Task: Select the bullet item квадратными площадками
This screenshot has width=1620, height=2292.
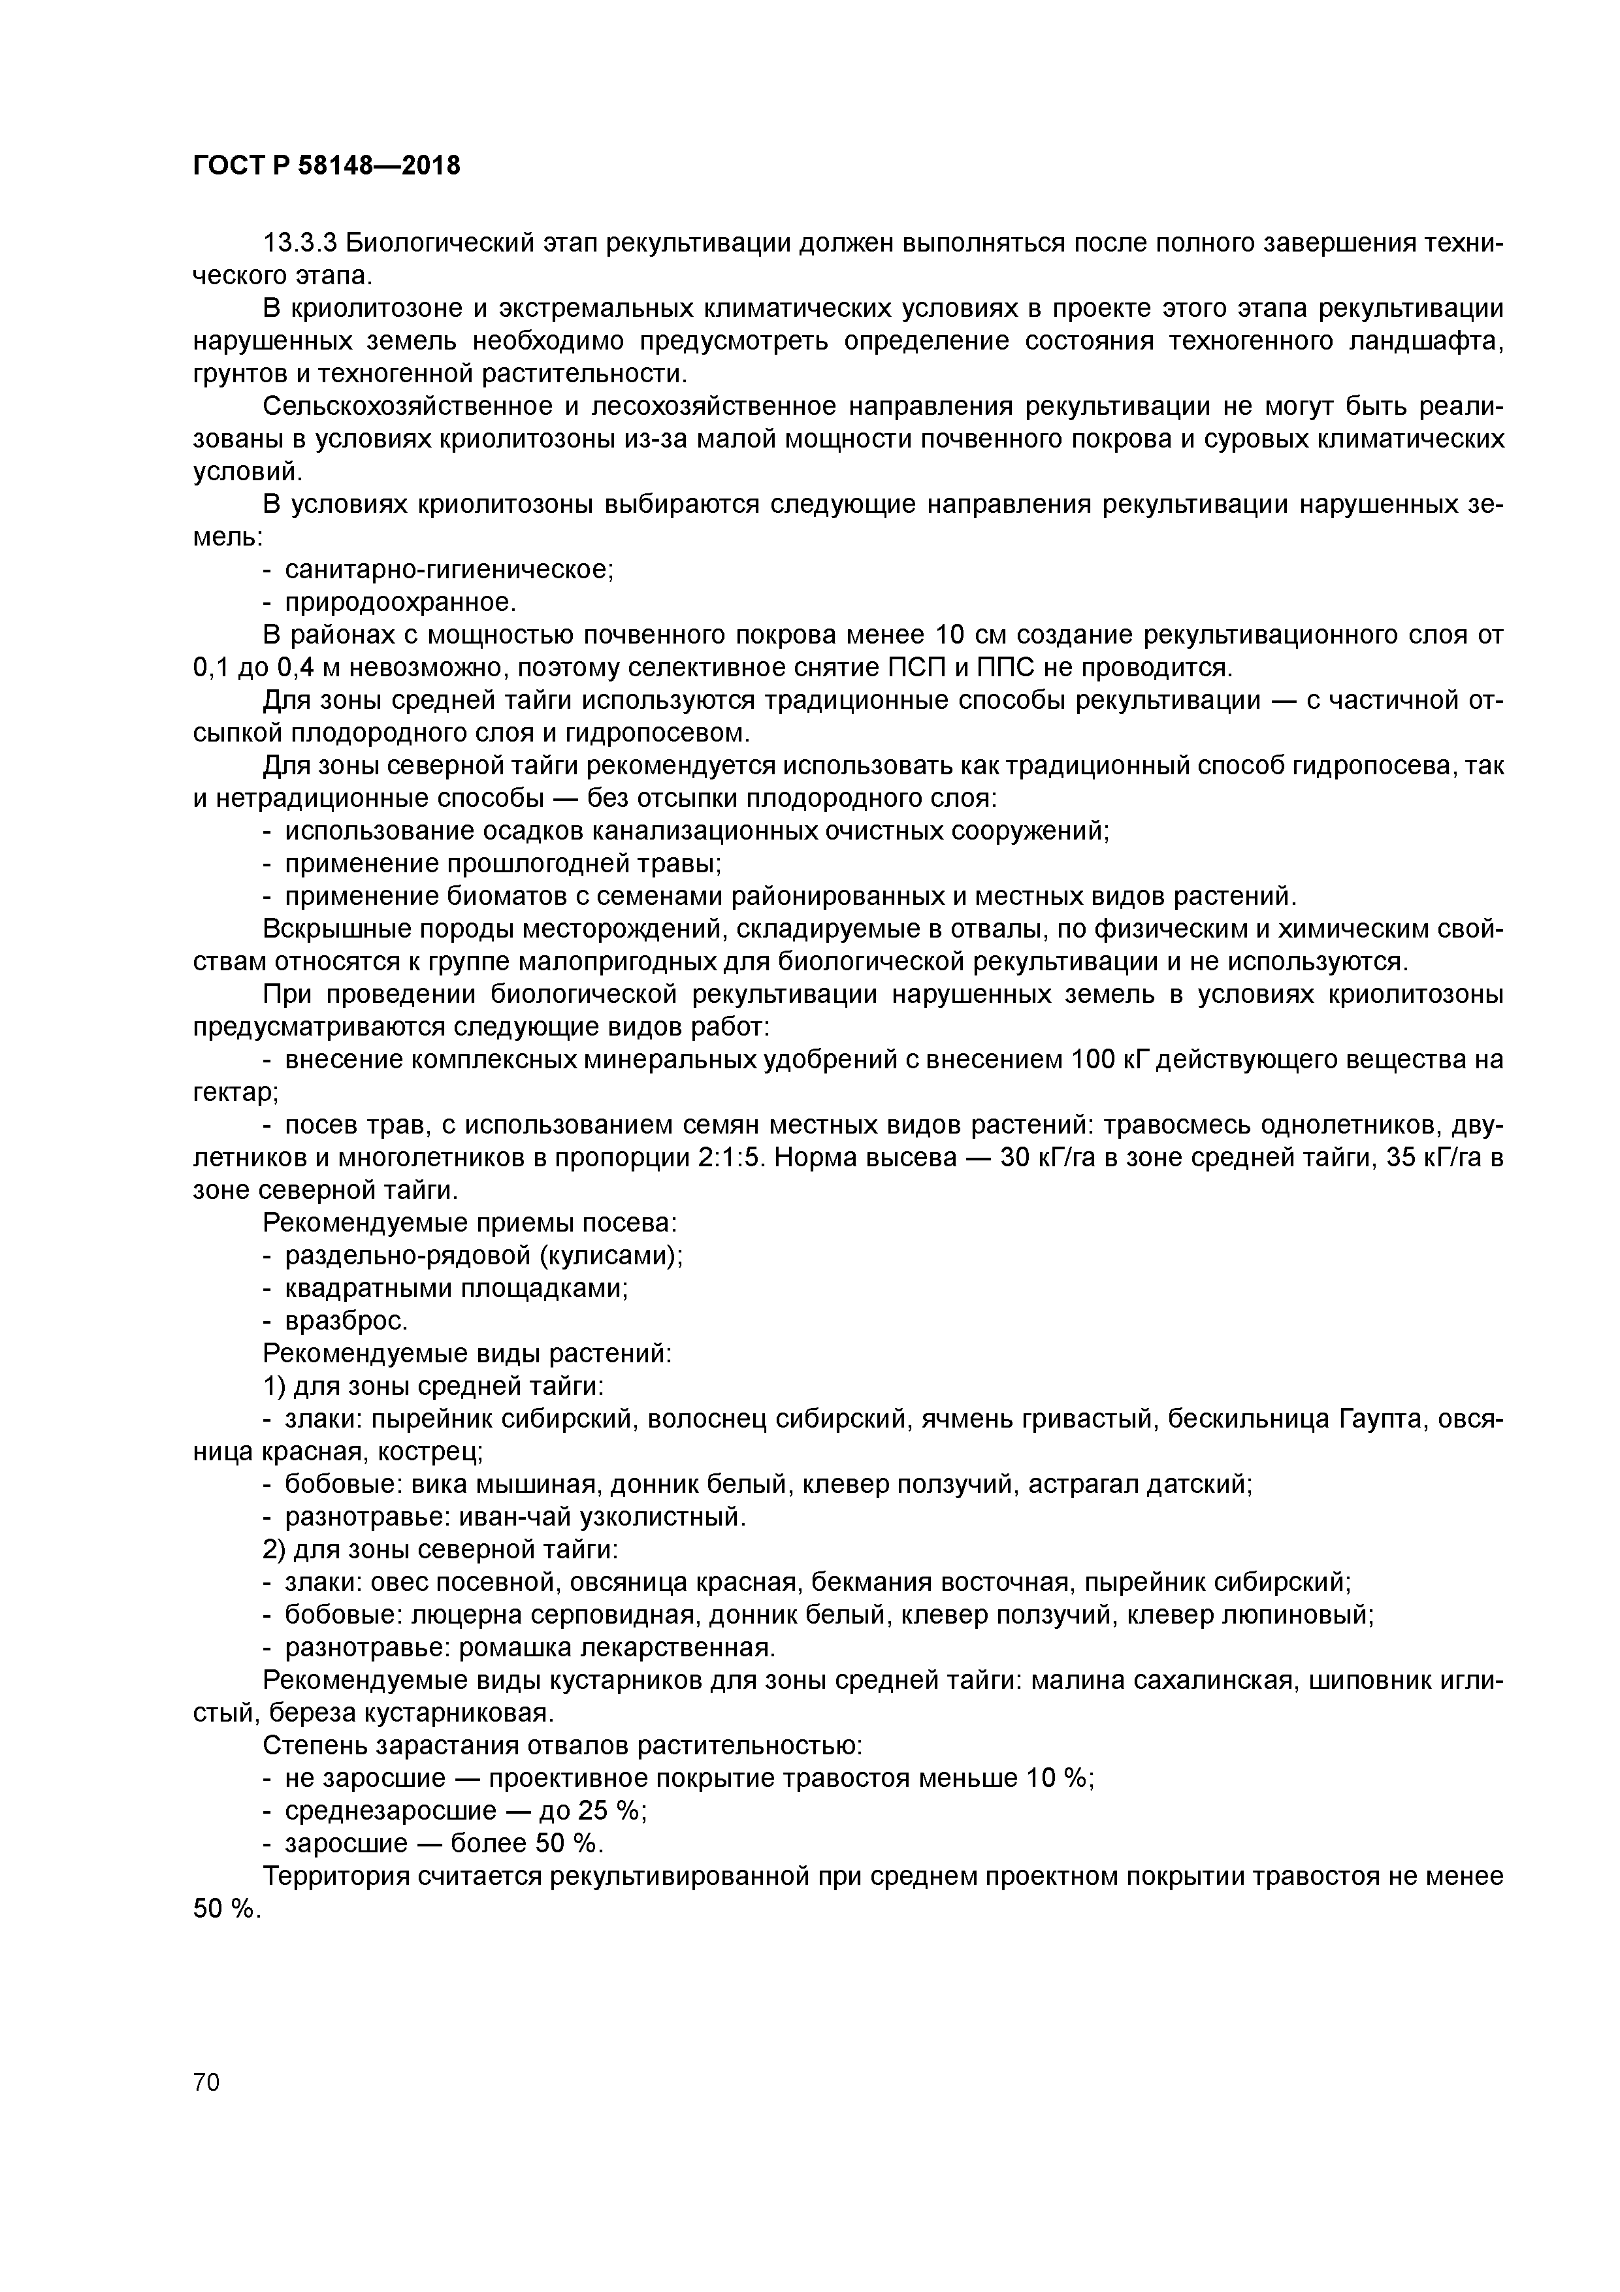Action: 456,1288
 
